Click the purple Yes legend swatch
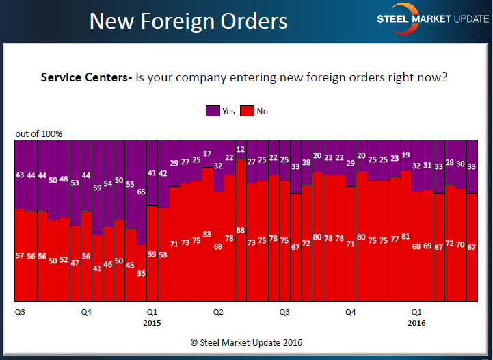(213, 112)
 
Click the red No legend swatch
(250, 112)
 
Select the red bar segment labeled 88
(241, 230)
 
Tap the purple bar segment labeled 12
(241, 149)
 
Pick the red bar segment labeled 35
(142, 272)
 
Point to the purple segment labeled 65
(142, 192)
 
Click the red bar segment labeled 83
(207, 234)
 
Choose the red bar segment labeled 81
(406, 236)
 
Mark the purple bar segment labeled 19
(406, 155)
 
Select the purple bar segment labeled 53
(75, 182)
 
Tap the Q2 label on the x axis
(218, 312)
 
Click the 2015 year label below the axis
(152, 322)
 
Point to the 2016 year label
(416, 322)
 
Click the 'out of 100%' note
(39, 133)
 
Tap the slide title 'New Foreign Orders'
(189, 21)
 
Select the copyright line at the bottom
(246, 342)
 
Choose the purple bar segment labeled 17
(207, 153)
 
